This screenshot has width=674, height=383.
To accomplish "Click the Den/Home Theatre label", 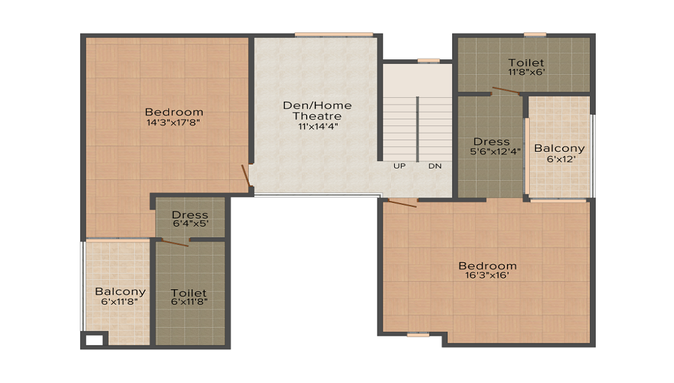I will click(307, 111).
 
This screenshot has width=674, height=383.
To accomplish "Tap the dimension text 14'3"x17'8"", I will click(174, 123).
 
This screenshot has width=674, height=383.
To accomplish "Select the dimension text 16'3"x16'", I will click(487, 275).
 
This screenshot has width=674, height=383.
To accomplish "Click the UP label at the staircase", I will click(400, 166).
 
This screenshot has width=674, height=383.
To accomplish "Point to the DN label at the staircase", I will click(435, 166).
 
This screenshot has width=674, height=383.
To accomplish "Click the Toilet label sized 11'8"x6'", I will click(526, 63).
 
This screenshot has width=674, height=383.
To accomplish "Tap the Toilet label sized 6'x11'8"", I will click(189, 293).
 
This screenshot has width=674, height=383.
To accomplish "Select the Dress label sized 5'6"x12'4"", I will click(491, 142).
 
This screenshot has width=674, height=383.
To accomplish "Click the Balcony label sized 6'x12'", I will click(559, 148).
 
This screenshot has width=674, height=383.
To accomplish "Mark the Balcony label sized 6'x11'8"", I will click(120, 292).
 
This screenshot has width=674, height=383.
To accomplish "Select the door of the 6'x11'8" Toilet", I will click(175, 242).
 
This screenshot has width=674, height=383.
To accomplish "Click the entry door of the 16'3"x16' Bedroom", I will click(403, 202).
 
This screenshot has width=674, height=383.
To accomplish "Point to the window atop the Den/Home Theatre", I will click(334, 34).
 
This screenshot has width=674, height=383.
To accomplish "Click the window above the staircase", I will click(428, 61).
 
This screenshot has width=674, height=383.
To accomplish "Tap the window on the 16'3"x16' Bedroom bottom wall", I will click(418, 334).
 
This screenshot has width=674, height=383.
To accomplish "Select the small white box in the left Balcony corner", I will click(94, 340).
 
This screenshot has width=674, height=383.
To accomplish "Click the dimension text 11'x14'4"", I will click(307, 125).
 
